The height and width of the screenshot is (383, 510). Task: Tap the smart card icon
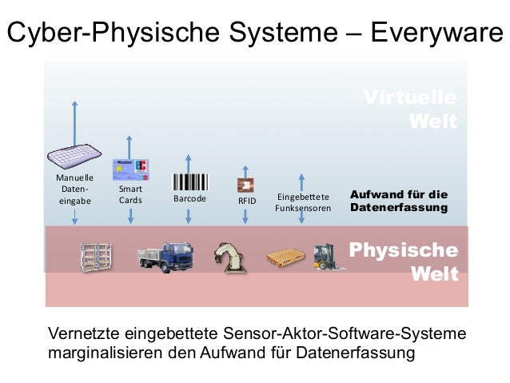tap(132, 167)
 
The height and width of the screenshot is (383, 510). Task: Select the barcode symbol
tap(189, 182)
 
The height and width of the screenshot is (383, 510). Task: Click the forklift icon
tap(327, 257)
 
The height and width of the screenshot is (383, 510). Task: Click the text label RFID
tap(247, 201)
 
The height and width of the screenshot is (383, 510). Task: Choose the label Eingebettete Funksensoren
tap(302, 202)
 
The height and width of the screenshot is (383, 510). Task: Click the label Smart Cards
tap(130, 194)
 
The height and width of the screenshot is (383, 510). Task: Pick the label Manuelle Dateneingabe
tap(74, 189)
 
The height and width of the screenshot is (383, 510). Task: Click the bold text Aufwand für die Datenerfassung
tap(398, 201)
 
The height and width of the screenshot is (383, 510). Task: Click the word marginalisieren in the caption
tap(103, 351)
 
